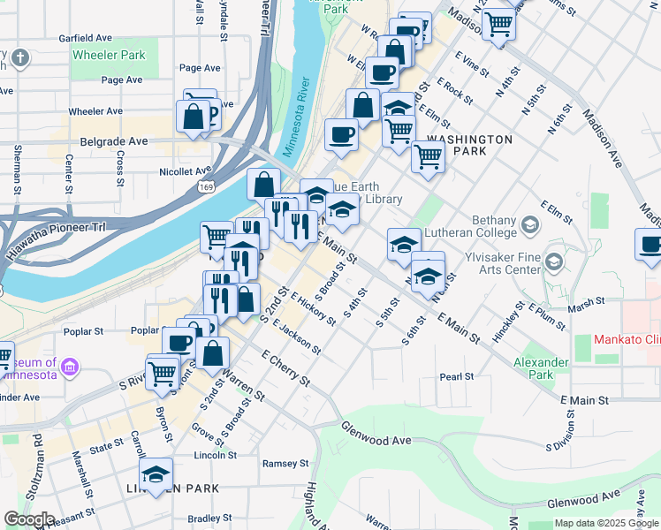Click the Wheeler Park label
click(x=108, y=55)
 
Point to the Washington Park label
click(x=469, y=146)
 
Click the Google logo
click(x=29, y=519)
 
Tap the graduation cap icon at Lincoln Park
click(x=156, y=475)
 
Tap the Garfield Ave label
click(x=85, y=39)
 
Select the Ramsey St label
click(x=285, y=463)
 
